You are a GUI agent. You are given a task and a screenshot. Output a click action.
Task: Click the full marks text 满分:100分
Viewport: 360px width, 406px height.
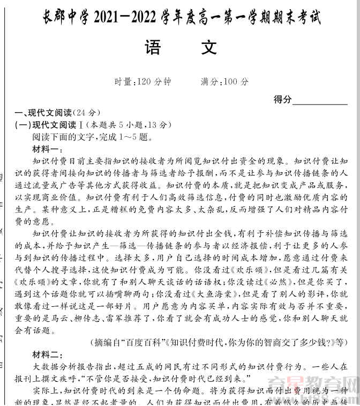point(224,82)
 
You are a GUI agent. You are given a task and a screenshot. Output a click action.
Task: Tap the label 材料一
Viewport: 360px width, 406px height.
point(47,149)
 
